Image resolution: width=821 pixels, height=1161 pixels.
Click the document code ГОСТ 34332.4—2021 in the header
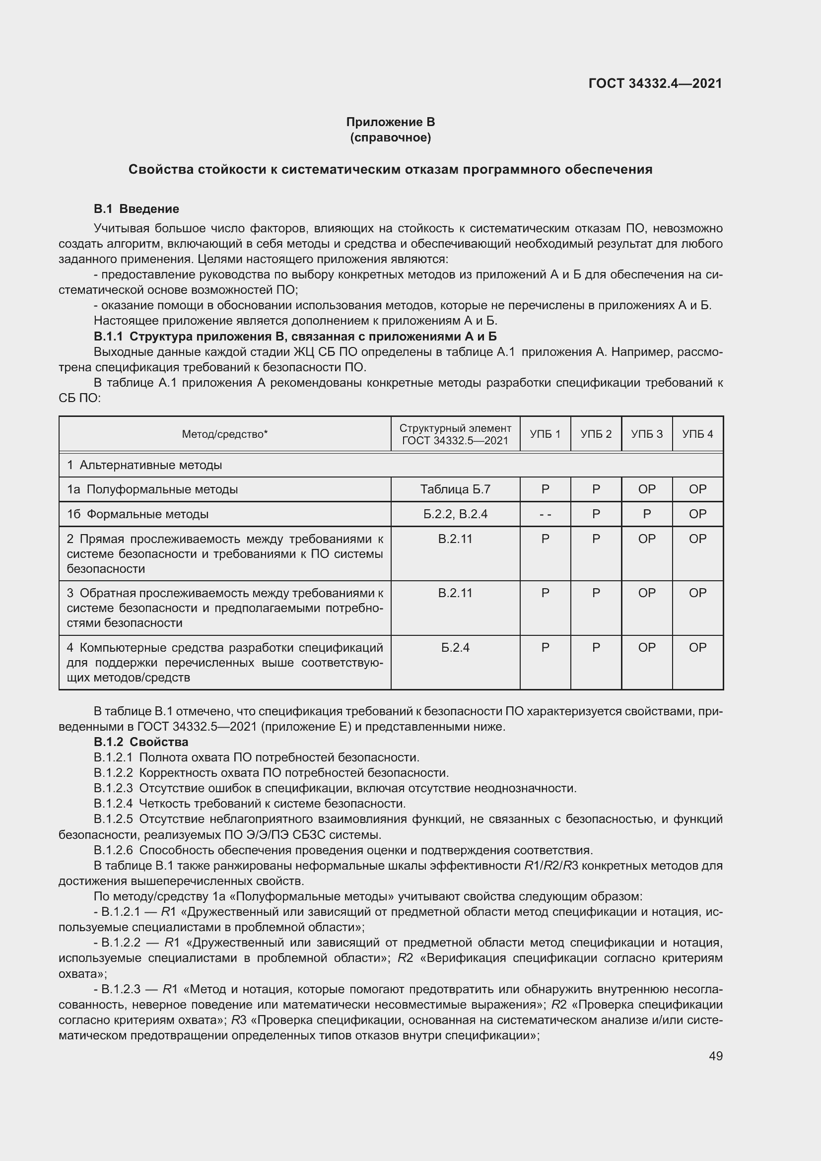point(655,83)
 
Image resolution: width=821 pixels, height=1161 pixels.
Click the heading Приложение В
point(390,122)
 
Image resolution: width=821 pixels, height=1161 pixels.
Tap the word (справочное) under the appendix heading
point(390,137)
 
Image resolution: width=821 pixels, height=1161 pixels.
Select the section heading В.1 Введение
point(136,209)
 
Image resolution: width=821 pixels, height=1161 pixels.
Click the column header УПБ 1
point(545,434)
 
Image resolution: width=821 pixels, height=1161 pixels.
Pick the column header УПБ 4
point(697,434)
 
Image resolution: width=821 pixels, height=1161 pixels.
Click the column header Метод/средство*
point(224,434)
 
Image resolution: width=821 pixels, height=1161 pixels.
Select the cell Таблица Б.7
point(455,489)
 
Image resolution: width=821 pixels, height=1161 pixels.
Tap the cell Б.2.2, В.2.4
point(455,514)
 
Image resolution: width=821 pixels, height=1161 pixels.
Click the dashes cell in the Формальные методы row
point(545,514)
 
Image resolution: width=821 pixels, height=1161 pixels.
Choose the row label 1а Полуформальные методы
point(152,489)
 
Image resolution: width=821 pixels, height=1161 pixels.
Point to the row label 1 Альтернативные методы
point(144,465)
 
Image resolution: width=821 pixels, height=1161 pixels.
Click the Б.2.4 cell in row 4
point(455,647)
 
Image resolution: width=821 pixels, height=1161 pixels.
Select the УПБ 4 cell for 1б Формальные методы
point(697,514)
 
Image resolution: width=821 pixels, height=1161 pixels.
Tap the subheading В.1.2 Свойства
point(140,742)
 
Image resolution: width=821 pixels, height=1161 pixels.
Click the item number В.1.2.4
point(113,804)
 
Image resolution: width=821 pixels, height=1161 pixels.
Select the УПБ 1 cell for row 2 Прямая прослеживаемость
point(545,539)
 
